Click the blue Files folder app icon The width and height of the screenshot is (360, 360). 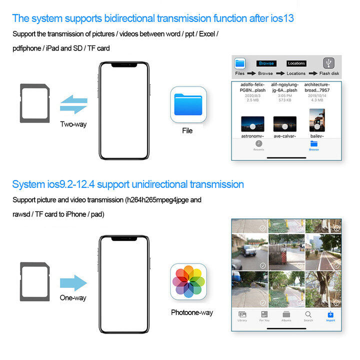(x=188, y=104)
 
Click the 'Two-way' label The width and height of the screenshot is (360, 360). (x=73, y=124)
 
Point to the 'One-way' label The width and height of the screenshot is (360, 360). (x=73, y=298)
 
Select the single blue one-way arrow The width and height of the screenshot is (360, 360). (x=73, y=282)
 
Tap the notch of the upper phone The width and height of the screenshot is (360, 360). (x=123, y=65)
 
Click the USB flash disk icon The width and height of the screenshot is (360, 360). (x=328, y=63)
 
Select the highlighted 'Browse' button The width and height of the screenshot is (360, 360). (x=266, y=63)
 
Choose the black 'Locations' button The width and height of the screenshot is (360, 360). (x=296, y=63)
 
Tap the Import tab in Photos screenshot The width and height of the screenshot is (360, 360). (x=330, y=315)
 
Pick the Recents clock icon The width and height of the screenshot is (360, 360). (x=259, y=144)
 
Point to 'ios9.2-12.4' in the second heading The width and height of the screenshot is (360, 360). (x=68, y=184)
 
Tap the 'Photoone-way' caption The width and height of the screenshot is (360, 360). (x=191, y=312)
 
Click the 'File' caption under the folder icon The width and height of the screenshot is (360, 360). (x=187, y=131)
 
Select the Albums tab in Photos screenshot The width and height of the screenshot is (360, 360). (x=286, y=315)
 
